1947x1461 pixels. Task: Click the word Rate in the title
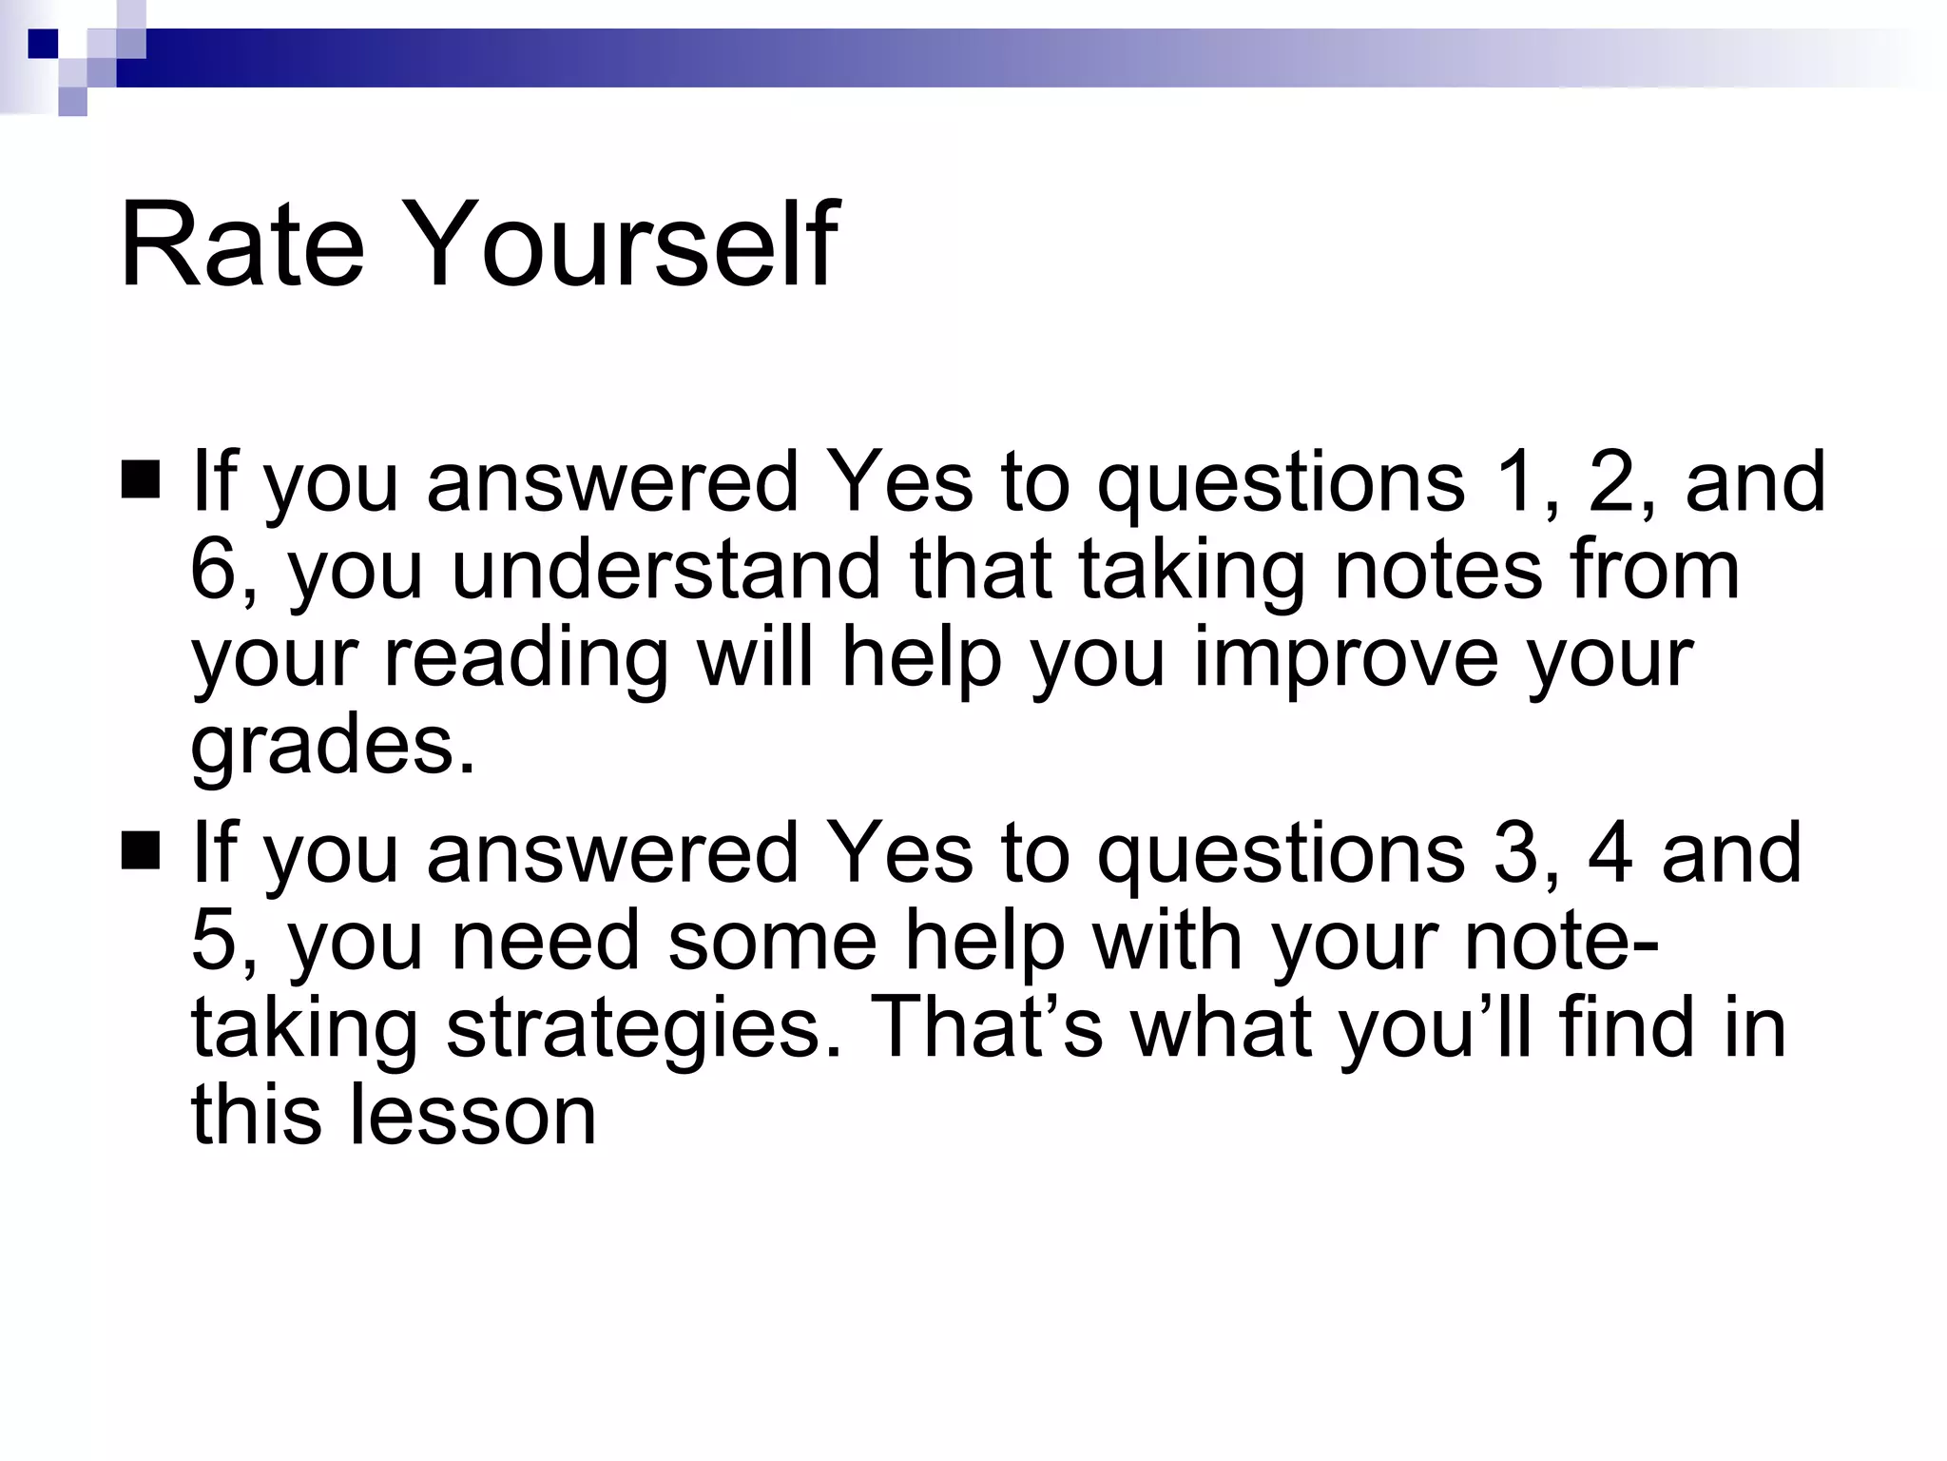(x=241, y=244)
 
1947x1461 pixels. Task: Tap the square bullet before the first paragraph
(x=141, y=479)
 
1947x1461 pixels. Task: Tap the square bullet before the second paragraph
(x=141, y=850)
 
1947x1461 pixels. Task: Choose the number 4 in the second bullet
(x=1610, y=852)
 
